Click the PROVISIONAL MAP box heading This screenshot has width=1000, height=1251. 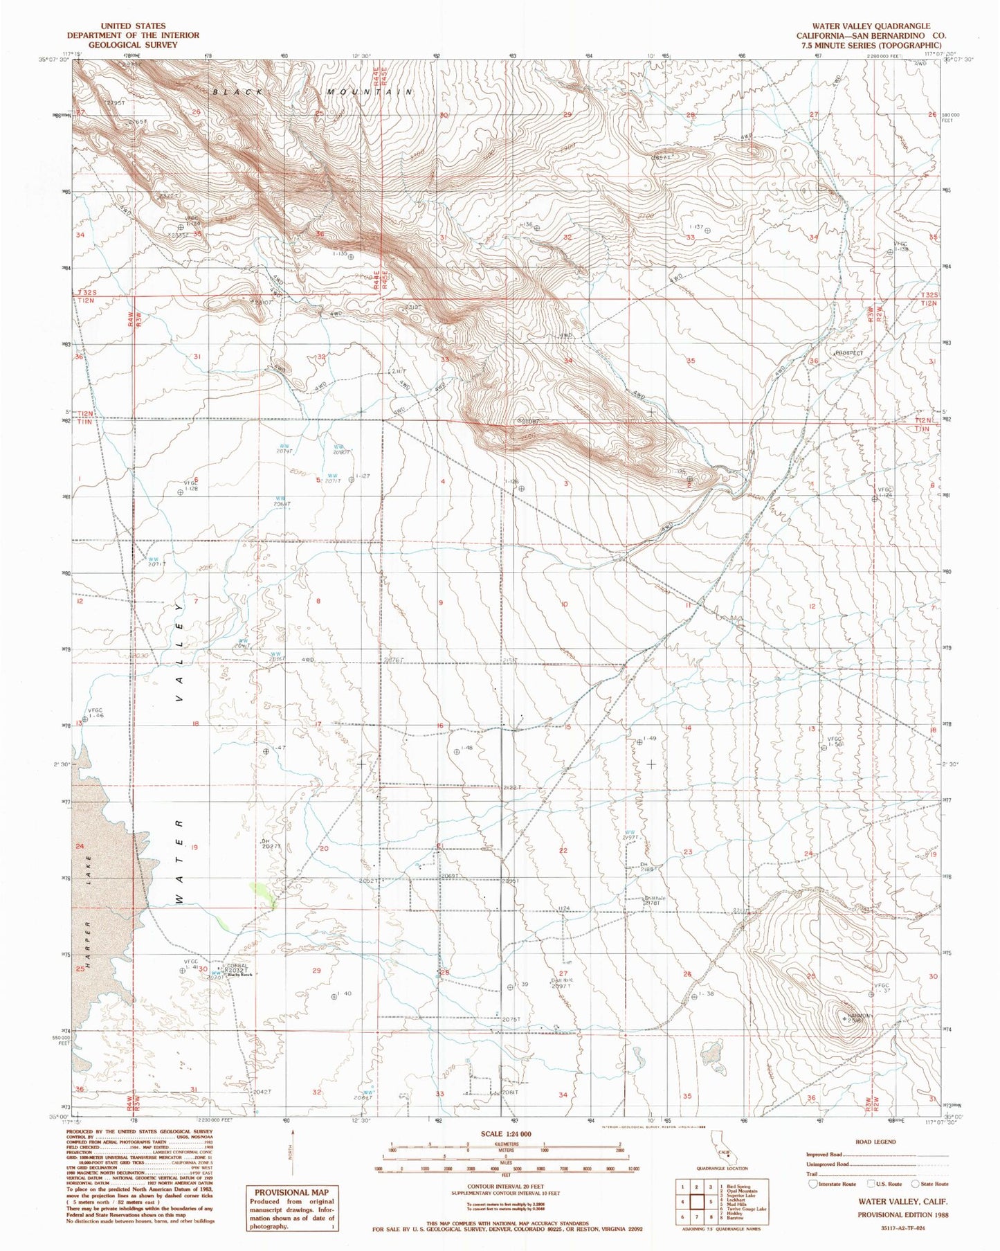tap(291, 1192)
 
